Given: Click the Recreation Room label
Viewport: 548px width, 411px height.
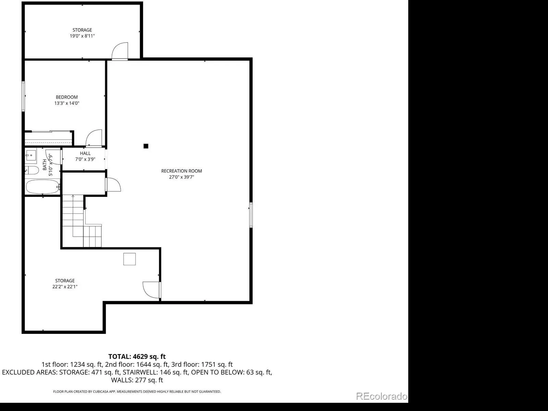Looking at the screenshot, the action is tap(182, 171).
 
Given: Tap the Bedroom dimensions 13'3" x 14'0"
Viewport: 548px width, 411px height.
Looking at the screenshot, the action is tap(67, 103).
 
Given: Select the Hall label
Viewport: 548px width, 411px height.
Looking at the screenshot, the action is tap(85, 153).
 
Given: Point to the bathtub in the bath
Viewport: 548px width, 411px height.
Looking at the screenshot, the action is tap(43, 187).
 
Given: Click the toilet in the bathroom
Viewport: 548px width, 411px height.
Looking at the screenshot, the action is tap(32, 171).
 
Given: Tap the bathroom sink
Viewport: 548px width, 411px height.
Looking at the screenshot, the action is tap(31, 155).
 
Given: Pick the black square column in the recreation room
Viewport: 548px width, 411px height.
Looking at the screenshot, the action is tap(146, 146).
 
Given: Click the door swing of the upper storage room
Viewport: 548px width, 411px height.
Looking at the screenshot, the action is tap(120, 51).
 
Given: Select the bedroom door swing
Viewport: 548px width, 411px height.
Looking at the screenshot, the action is tap(94, 138).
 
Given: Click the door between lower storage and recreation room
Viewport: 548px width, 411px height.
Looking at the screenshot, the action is tap(151, 290).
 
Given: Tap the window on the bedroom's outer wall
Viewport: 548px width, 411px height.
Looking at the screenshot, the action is tap(23, 96).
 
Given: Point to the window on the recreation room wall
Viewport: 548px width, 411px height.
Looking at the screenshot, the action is tap(251, 215).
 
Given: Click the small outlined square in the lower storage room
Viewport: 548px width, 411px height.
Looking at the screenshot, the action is tap(129, 259).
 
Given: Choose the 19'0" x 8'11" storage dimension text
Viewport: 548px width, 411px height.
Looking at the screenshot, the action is tap(82, 36).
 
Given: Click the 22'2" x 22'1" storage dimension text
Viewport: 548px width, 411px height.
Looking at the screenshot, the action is tap(65, 287).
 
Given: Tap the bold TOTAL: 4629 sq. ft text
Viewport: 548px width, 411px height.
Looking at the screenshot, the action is tap(137, 356).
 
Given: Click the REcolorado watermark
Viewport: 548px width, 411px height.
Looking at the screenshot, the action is tap(382, 396).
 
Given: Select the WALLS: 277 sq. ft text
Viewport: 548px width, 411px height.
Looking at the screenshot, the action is tap(137, 380).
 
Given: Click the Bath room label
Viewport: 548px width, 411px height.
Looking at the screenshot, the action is tap(45, 165).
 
